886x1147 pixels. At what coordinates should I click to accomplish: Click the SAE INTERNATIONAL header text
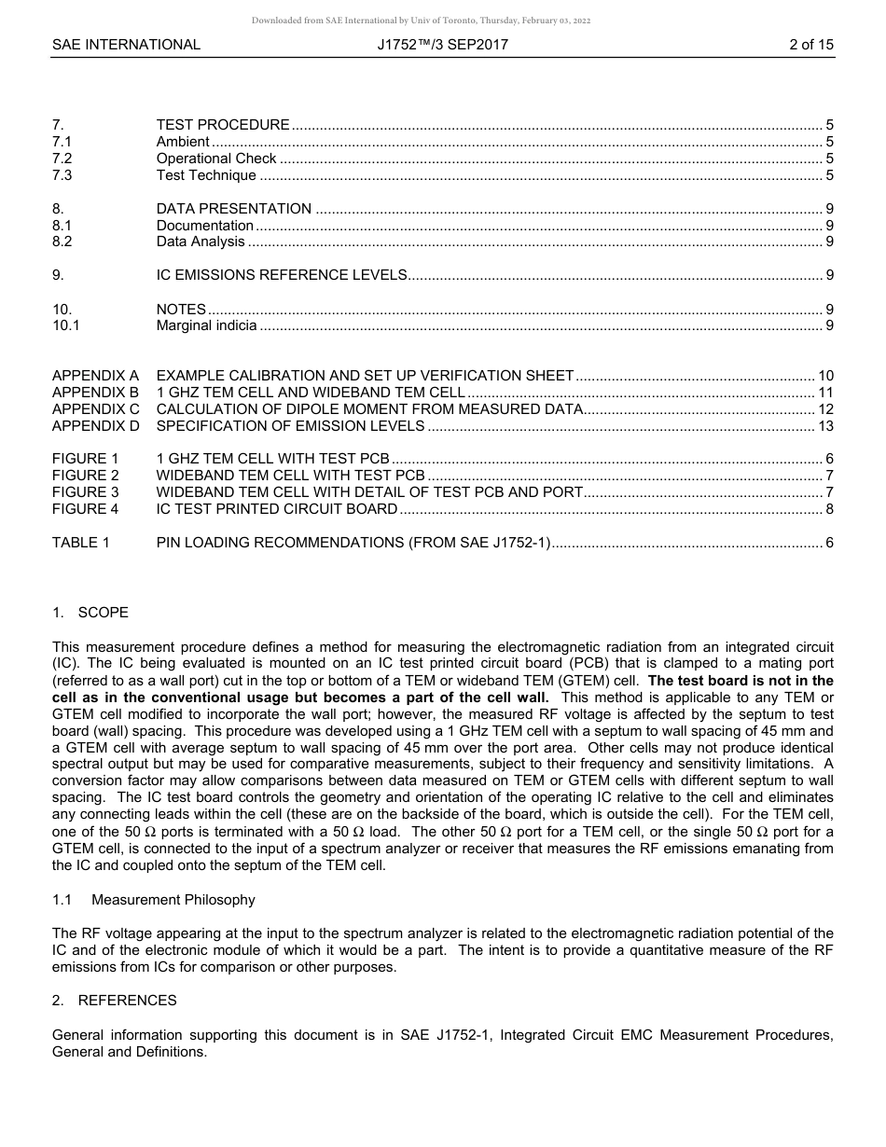click(x=126, y=44)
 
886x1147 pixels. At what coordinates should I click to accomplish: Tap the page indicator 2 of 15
click(x=810, y=44)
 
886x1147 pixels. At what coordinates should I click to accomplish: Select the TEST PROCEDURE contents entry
click(x=223, y=125)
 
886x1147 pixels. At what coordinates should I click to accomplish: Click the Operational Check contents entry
click(x=216, y=159)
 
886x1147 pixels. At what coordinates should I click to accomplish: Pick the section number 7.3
click(x=62, y=175)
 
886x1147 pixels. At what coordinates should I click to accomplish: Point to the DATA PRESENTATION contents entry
click(x=234, y=209)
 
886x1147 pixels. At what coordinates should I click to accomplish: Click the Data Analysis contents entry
click(x=201, y=242)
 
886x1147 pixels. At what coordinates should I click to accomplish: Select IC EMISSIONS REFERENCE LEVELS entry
click(x=282, y=275)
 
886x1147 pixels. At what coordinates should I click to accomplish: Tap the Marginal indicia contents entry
click(x=206, y=325)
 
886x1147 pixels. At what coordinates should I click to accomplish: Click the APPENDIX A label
click(x=95, y=376)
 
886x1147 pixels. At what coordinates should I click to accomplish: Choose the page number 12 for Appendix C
click(x=825, y=409)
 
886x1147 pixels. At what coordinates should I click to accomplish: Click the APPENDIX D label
click(x=96, y=426)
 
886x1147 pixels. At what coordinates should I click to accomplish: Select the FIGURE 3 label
click(x=86, y=492)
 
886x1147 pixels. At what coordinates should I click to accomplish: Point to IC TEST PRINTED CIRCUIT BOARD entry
click(x=277, y=509)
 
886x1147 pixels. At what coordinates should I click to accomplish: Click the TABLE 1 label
click(x=81, y=543)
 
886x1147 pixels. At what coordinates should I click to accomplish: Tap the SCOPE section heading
click(x=103, y=613)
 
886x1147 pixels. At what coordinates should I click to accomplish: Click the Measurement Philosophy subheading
click(x=173, y=900)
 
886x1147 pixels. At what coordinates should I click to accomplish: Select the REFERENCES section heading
click(x=127, y=1001)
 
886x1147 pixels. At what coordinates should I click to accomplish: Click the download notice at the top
click(x=422, y=21)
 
